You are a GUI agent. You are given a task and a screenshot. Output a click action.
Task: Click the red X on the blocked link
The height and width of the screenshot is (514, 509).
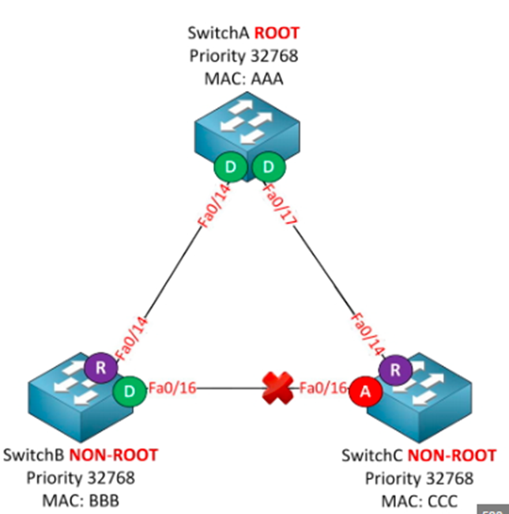click(x=280, y=389)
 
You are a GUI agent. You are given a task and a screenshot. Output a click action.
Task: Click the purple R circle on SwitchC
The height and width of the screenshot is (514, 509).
click(x=393, y=369)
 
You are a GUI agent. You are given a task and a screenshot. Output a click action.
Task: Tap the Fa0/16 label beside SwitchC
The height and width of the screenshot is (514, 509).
click(x=319, y=387)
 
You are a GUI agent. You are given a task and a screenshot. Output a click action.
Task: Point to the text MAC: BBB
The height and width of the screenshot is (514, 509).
click(x=81, y=500)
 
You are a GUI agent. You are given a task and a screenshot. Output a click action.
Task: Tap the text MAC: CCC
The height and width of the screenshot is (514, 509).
click(x=419, y=500)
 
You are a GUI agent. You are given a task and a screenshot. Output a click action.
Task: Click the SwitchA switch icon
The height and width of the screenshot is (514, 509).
click(x=247, y=134)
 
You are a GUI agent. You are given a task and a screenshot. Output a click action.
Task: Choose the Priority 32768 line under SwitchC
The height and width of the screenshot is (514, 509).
click(x=419, y=478)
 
